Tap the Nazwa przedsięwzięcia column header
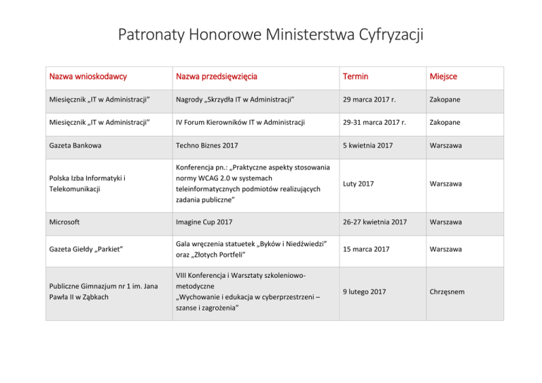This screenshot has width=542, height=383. click(x=216, y=77)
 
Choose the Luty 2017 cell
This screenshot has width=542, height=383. click(x=359, y=183)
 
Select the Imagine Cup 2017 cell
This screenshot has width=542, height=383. click(x=205, y=222)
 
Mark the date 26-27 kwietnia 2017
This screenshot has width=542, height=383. click(x=375, y=222)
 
